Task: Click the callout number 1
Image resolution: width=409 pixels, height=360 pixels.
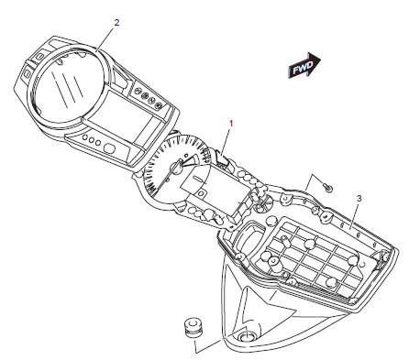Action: (x=231, y=122)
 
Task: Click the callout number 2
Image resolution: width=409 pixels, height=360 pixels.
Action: (x=116, y=19)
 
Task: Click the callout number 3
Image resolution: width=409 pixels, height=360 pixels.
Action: (x=359, y=198)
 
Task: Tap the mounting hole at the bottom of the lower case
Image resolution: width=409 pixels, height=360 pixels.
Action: (x=248, y=340)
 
